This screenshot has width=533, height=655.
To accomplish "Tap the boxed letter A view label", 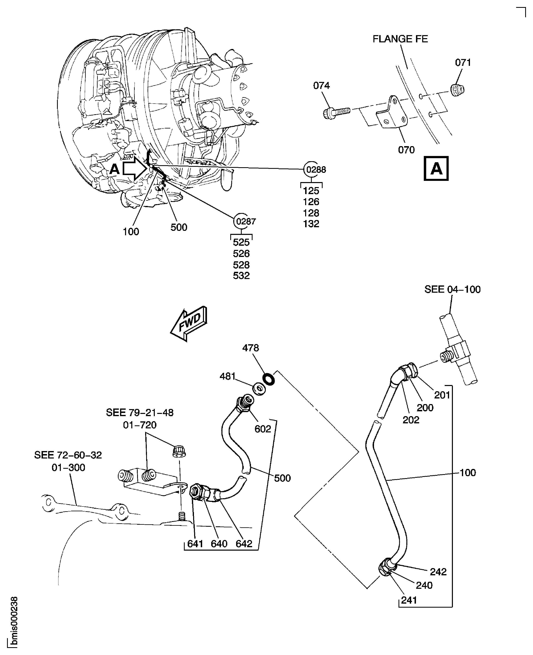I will point(436,168).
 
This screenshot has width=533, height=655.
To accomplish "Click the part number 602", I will point(263,429).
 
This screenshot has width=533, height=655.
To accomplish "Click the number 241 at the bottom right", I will point(409,600).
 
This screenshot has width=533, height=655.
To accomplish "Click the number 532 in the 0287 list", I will point(241,276).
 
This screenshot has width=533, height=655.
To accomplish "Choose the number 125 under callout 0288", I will point(311,191).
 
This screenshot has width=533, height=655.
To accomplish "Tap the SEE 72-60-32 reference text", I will point(68,455).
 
